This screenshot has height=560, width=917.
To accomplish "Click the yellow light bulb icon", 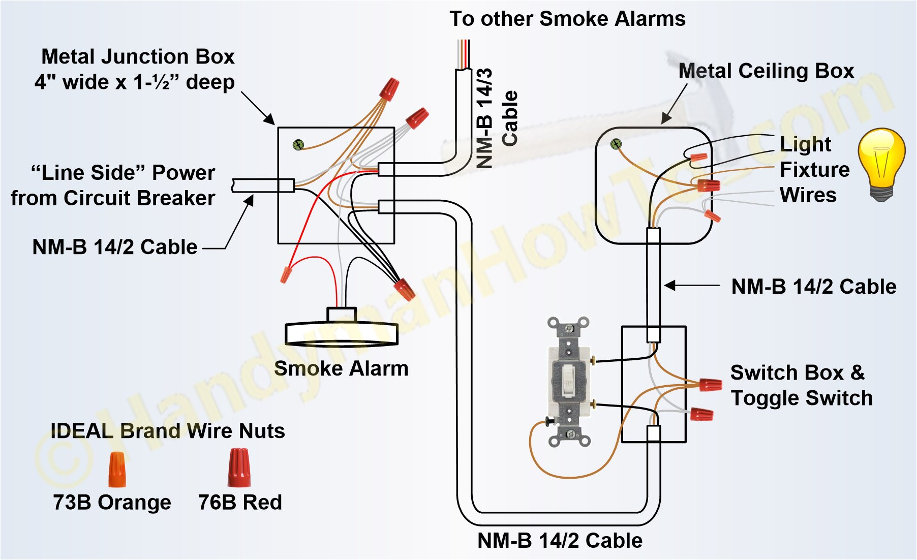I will tap(881, 163).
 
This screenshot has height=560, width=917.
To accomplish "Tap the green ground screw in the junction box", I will tap(298, 145).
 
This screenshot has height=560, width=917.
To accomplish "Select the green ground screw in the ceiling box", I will tap(616, 144).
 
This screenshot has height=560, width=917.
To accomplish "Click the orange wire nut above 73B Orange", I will tap(117, 470).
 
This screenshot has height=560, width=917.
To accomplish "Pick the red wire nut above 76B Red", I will tap(239, 468).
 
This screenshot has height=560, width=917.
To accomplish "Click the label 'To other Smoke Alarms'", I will tap(567, 19).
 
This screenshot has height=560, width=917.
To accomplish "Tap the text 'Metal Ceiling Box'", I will tap(766, 71).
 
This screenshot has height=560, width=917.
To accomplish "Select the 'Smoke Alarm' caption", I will tap(341, 368).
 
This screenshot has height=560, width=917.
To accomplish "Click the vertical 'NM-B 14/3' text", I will tap(485, 118).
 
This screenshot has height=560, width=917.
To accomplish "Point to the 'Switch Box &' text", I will tap(797, 372).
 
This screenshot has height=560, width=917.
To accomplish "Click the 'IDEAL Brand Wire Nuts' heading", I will tap(168, 431).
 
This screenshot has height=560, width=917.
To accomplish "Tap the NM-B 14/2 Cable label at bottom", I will tap(560, 540).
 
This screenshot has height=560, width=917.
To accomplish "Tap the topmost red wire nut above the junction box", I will tap(389, 89).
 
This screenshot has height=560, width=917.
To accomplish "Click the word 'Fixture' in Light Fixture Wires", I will tap(814, 169).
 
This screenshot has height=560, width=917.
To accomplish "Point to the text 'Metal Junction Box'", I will tap(138, 56).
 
